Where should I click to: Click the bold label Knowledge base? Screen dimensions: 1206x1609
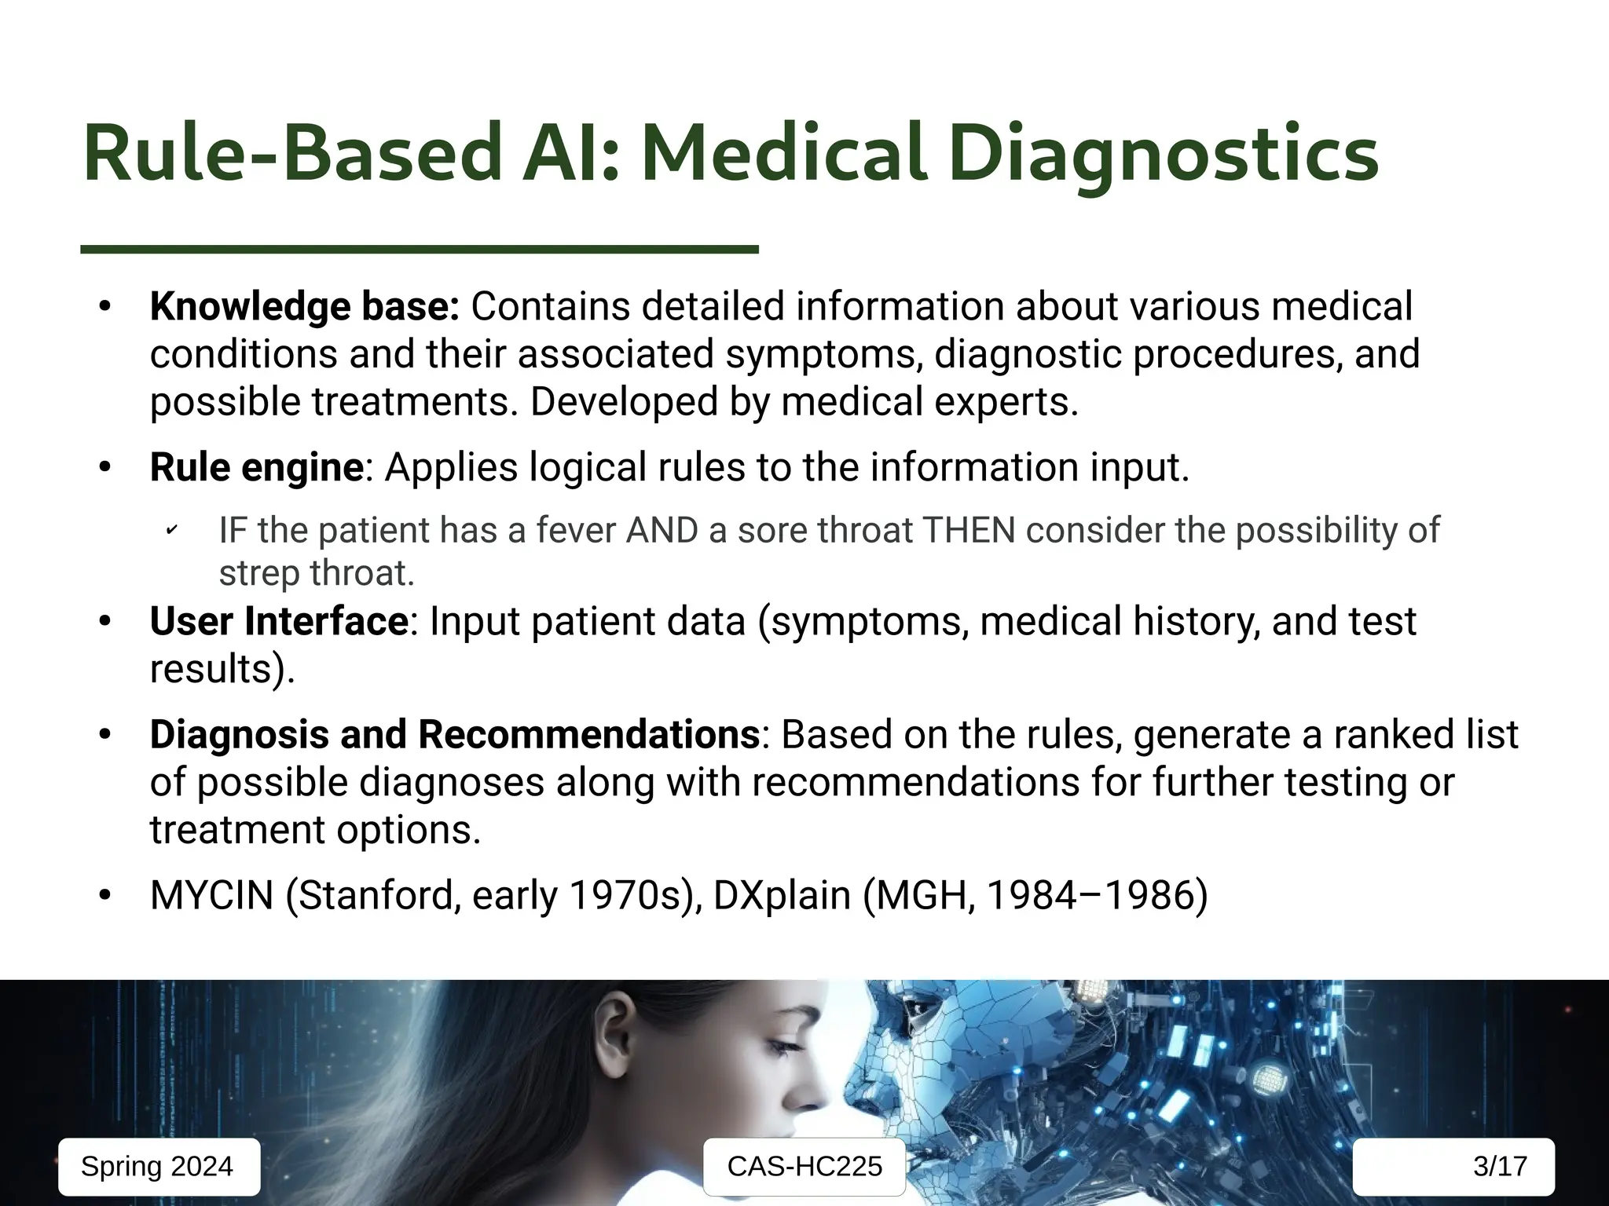(304, 306)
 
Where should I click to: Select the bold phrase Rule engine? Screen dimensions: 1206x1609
(257, 467)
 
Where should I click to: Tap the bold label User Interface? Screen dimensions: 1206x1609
(279, 621)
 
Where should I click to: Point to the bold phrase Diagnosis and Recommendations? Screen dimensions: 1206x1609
(455, 735)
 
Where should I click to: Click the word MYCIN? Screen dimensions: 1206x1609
(211, 895)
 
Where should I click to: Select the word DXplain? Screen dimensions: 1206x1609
(782, 895)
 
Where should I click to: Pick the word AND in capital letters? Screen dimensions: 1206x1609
(662, 531)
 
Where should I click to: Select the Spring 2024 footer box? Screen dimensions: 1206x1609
(158, 1166)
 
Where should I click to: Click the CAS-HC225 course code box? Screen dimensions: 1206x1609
(804, 1166)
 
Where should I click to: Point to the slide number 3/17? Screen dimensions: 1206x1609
(1499, 1166)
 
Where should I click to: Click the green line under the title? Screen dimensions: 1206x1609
(420, 250)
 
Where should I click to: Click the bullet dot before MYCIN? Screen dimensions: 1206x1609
(105, 895)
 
